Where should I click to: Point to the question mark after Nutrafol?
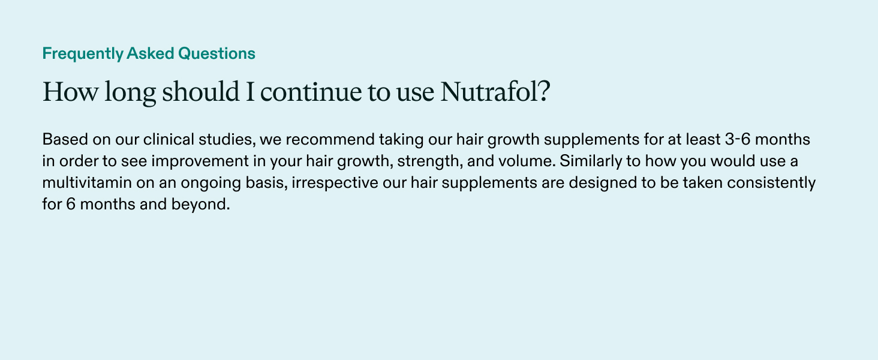(x=543, y=92)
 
